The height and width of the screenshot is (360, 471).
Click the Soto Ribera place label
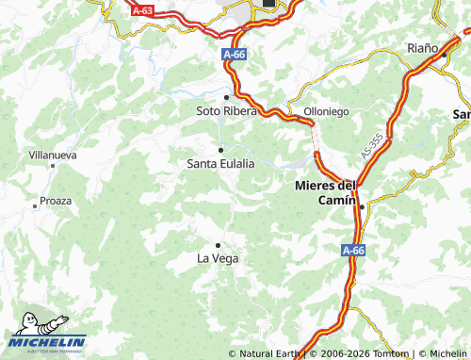[225, 111]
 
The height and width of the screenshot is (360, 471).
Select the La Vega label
[217, 257]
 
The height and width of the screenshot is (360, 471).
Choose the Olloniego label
[326, 111]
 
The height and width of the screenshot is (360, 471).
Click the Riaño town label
[423, 47]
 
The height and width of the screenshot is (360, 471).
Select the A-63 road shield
[141, 10]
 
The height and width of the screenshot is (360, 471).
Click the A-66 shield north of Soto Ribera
[235, 56]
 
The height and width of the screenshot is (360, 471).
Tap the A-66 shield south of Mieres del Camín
[352, 250]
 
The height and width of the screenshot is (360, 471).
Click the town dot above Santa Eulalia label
[220, 150]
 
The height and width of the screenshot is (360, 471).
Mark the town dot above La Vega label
[218, 245]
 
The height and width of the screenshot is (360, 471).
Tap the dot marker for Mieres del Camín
[361, 205]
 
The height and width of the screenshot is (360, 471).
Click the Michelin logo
[48, 336]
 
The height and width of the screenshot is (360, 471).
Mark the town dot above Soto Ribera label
[226, 97]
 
